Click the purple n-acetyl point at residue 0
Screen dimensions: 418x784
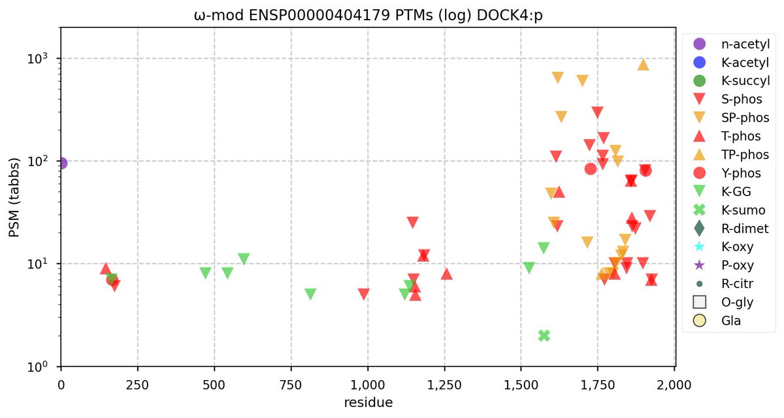pos(61,163)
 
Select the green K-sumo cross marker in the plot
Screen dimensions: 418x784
pos(544,335)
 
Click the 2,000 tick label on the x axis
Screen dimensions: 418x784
pos(674,385)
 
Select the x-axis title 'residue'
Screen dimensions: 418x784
pos(368,402)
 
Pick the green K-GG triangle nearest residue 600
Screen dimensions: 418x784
pos(244,259)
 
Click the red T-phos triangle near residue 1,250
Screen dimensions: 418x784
pos(446,274)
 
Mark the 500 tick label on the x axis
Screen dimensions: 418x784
pos(214,385)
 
